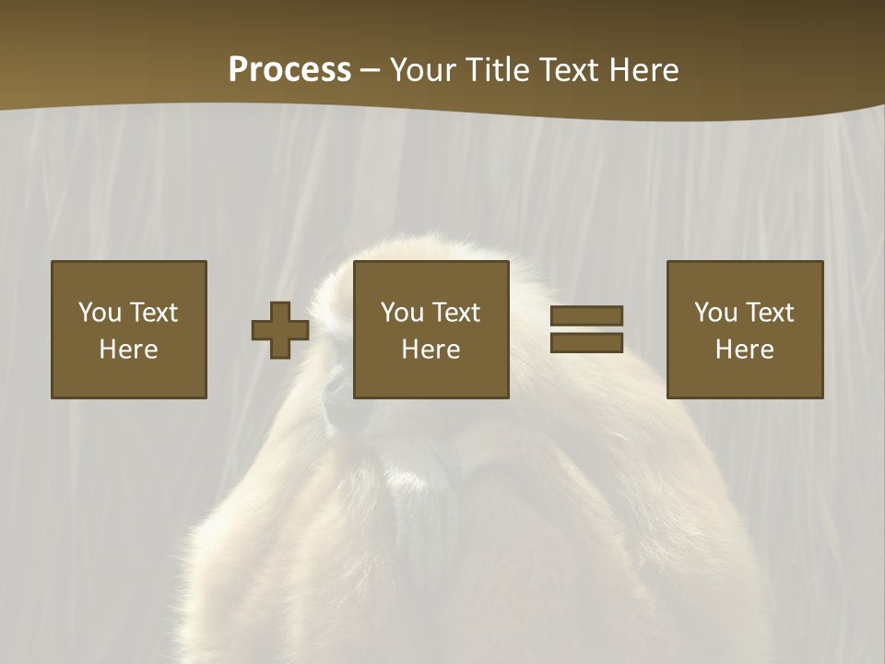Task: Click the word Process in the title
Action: coord(289,70)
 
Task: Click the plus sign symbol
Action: coord(280,330)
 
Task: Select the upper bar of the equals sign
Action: coord(586,315)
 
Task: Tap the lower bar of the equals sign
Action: coord(586,342)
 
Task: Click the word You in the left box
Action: coord(100,313)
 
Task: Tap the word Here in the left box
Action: coord(129,350)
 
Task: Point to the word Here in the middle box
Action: coord(431,350)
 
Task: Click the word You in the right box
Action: coord(715,313)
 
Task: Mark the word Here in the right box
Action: coord(745,350)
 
